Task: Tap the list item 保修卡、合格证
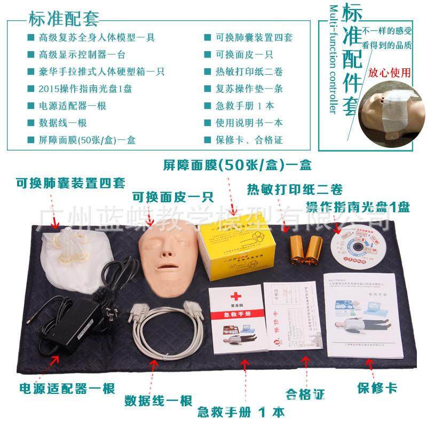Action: point(249,140)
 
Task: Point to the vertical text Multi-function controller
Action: point(334,59)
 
